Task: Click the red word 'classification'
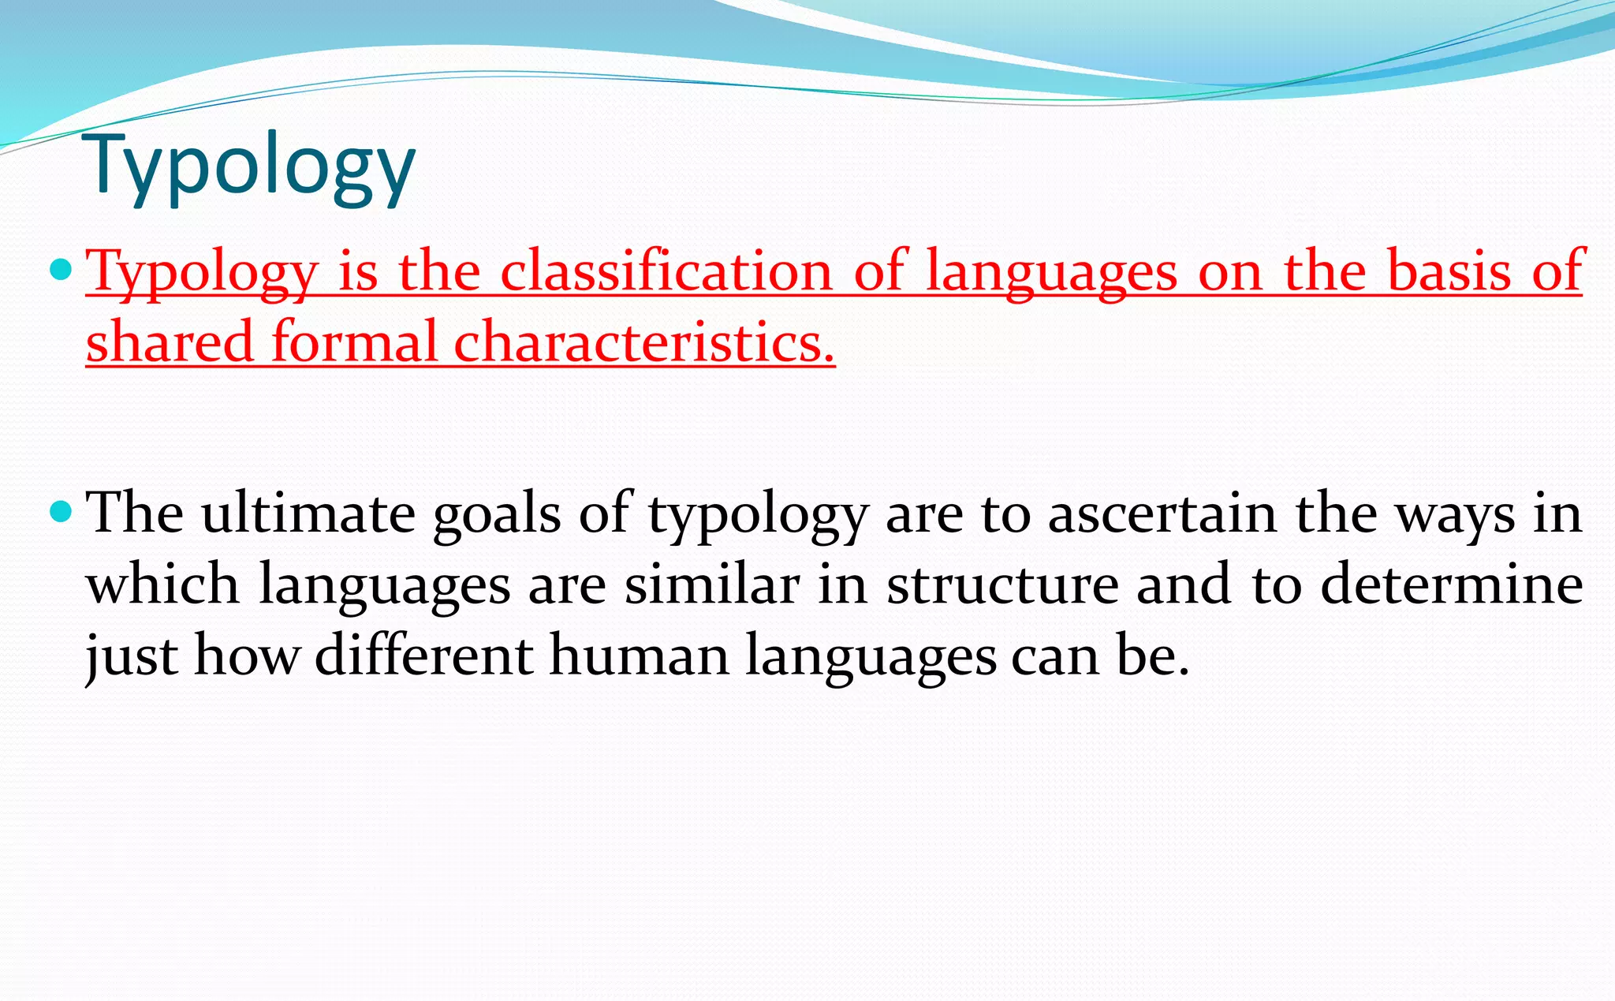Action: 666,271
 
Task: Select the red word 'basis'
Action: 1449,271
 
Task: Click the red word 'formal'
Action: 354,342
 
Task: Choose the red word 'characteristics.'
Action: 643,342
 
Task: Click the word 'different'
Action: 423,656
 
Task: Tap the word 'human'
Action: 640,656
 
